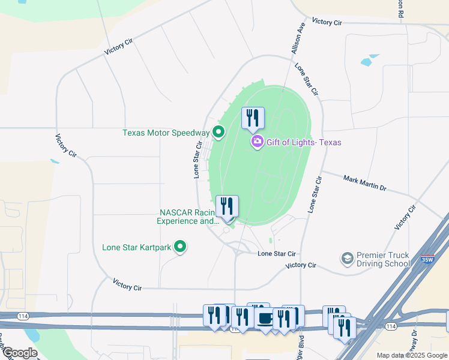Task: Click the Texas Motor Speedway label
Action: tap(166, 133)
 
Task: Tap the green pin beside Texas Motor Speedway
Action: tap(218, 132)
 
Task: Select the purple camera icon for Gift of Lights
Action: tap(258, 142)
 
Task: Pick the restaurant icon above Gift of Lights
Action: tap(253, 118)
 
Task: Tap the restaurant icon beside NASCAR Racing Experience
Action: tap(227, 207)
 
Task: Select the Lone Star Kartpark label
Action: tap(136, 247)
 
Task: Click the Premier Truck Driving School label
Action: tap(383, 259)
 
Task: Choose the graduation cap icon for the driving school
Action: tap(346, 259)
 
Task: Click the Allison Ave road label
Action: tap(299, 39)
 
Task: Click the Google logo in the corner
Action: tap(19, 353)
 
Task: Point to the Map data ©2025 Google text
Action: tap(411, 355)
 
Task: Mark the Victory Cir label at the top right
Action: tap(327, 22)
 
